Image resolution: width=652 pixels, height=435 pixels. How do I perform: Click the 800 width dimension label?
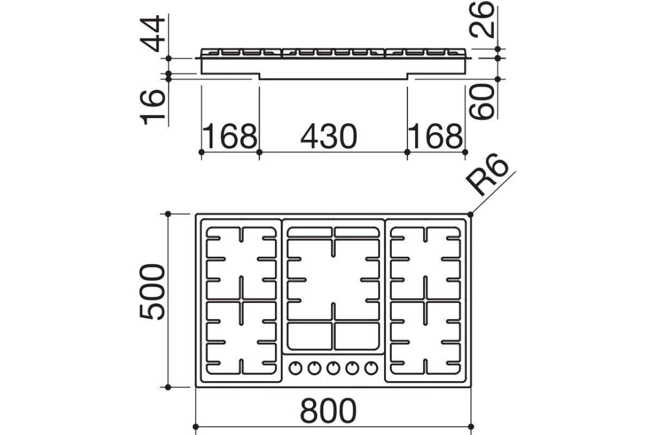[x=328, y=411]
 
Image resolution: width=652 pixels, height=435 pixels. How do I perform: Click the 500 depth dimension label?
[x=152, y=292]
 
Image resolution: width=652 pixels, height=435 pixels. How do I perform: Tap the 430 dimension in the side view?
[x=329, y=136]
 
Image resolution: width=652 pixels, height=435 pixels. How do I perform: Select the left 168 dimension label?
[x=230, y=136]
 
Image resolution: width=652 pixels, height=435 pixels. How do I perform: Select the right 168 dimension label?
[x=436, y=136]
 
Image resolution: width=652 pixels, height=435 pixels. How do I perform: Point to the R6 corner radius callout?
[x=487, y=178]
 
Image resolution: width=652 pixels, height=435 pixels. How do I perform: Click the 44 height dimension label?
[x=152, y=34]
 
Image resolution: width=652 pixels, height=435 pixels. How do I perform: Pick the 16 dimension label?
[x=152, y=107]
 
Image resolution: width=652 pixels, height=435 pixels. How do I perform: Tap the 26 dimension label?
[x=482, y=19]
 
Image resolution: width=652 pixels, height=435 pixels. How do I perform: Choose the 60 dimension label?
[x=482, y=101]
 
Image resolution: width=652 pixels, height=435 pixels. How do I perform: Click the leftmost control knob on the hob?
[x=296, y=368]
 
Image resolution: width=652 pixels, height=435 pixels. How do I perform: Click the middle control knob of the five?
[x=333, y=368]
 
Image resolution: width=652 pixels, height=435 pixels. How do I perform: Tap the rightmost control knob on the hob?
[x=371, y=368]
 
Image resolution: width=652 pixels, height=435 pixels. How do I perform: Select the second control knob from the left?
[x=315, y=368]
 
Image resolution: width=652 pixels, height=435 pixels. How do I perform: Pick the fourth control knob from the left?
[x=352, y=368]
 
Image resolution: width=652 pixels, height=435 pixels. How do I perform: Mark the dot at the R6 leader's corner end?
[x=471, y=214]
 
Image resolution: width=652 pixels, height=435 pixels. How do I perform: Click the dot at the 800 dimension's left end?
[x=196, y=427]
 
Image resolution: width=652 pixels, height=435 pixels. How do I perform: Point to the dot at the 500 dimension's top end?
[x=168, y=214]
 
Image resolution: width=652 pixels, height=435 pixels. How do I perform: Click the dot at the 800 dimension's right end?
[x=471, y=427]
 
